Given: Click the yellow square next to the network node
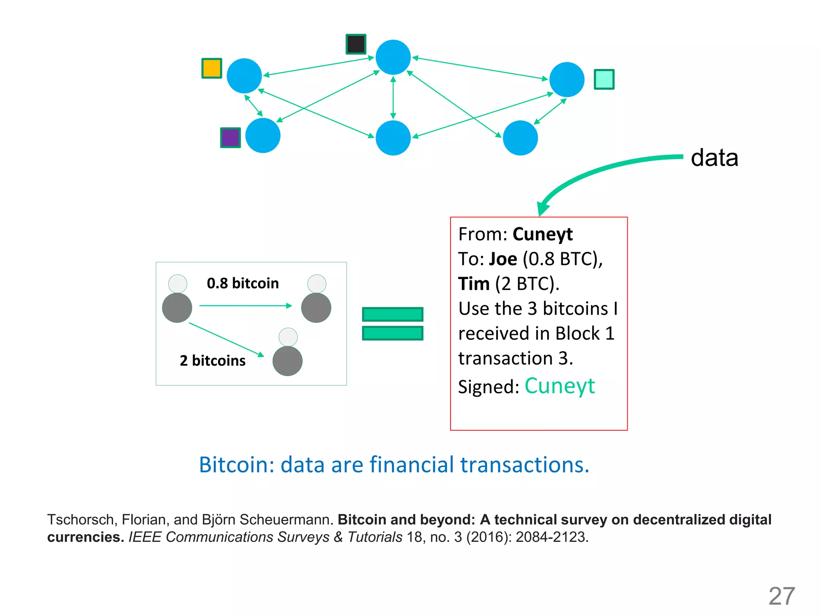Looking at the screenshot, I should pyautogui.click(x=212, y=68).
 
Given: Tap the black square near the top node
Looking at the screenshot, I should pyautogui.click(x=356, y=44).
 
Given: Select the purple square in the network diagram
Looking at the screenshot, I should pyautogui.click(x=231, y=138).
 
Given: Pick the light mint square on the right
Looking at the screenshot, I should pyautogui.click(x=604, y=79).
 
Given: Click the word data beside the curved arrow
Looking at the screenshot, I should pyautogui.click(x=714, y=158).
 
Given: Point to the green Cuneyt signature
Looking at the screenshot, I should pyautogui.click(x=560, y=386).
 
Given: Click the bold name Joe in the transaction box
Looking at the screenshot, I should pyautogui.click(x=503, y=259).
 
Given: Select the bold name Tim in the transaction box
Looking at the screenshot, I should pyautogui.click(x=474, y=284).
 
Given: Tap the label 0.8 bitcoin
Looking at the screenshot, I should pyautogui.click(x=243, y=284).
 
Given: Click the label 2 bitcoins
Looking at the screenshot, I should pyautogui.click(x=212, y=361).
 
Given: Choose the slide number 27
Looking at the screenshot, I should pyautogui.click(x=782, y=596).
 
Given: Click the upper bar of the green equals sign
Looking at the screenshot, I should pyautogui.click(x=392, y=314).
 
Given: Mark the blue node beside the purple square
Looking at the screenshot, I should pyautogui.click(x=263, y=136).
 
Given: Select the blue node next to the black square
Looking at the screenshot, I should pyautogui.click(x=393, y=57).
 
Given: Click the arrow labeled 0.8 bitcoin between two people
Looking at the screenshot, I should pyautogui.click(x=245, y=306).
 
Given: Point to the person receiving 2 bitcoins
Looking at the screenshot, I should pyautogui.click(x=287, y=353).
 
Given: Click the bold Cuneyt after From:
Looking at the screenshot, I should pyautogui.click(x=542, y=234).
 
